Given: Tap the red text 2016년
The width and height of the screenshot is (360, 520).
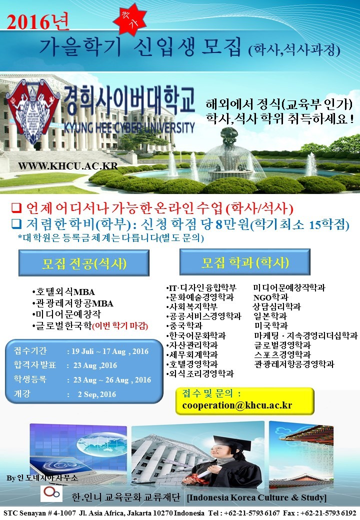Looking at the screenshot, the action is [x=38, y=22].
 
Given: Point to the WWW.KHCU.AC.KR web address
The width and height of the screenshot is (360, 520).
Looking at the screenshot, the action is [x=68, y=165].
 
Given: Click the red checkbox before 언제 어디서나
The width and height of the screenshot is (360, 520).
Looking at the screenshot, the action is [x=16, y=208].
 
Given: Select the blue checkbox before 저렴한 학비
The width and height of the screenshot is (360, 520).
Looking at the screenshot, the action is [x=16, y=224].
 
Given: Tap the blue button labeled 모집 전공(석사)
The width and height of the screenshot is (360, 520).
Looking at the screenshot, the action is [x=84, y=263].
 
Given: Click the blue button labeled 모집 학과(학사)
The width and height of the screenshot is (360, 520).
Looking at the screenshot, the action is [x=245, y=262].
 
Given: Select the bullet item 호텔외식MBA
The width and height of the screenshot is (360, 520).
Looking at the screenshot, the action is [x=63, y=292].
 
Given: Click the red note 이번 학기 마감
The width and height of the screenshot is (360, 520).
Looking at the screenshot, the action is [x=119, y=325].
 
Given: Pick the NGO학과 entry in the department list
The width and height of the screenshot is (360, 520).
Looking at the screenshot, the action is [x=271, y=297].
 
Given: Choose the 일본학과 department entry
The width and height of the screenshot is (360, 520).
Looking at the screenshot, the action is [x=270, y=316].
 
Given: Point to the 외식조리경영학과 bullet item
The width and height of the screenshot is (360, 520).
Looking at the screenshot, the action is [x=200, y=374].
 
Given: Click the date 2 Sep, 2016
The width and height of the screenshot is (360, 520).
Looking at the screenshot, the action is [x=97, y=394].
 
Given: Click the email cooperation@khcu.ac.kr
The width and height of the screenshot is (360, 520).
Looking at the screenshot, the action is [x=237, y=405].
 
